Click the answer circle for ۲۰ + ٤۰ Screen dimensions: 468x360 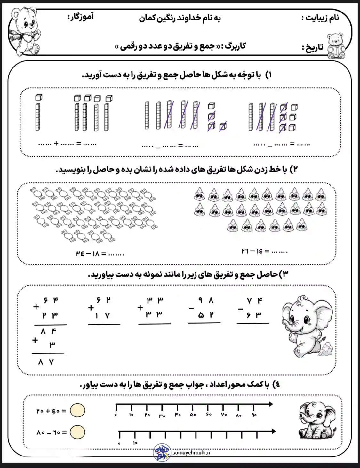pyautogui.click(x=77, y=410)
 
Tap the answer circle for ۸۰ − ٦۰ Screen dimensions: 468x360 pyautogui.click(x=77, y=432)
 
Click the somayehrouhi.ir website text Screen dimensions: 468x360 pyautogui.click(x=191, y=452)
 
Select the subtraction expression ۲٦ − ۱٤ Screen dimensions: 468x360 pyautogui.click(x=252, y=251)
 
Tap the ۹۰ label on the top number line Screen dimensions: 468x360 pyautogui.click(x=254, y=415)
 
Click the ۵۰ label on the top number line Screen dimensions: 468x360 pyautogui.click(x=193, y=415)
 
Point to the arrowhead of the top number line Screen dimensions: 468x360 pyautogui.click(x=271, y=404)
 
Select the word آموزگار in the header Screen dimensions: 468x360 pyautogui.click(x=80, y=17)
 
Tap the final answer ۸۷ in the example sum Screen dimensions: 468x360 pyautogui.click(x=46, y=362)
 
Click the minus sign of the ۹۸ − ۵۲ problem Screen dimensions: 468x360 pyautogui.click(x=191, y=308)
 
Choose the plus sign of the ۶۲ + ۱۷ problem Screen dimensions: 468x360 pyautogui.click(x=91, y=308)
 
